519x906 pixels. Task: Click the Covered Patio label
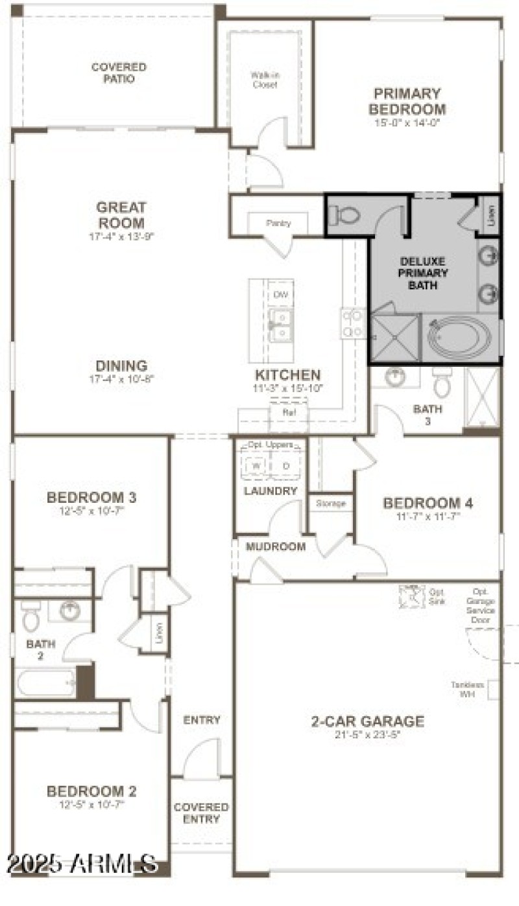tap(118, 73)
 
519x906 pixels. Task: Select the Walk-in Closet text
tap(264, 79)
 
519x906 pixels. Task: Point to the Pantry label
tap(278, 223)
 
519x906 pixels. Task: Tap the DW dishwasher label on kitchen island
tap(280, 295)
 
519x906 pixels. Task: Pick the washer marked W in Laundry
tap(256, 466)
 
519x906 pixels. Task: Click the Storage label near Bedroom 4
tap(331, 503)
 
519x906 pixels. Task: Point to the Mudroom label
tap(275, 546)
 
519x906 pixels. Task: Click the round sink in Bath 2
tap(69, 610)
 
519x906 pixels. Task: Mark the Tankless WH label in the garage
tap(467, 689)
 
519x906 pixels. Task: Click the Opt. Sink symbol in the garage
tap(410, 595)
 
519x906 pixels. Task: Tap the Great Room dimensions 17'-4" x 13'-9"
tap(121, 236)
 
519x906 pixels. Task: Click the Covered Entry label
tap(201, 813)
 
